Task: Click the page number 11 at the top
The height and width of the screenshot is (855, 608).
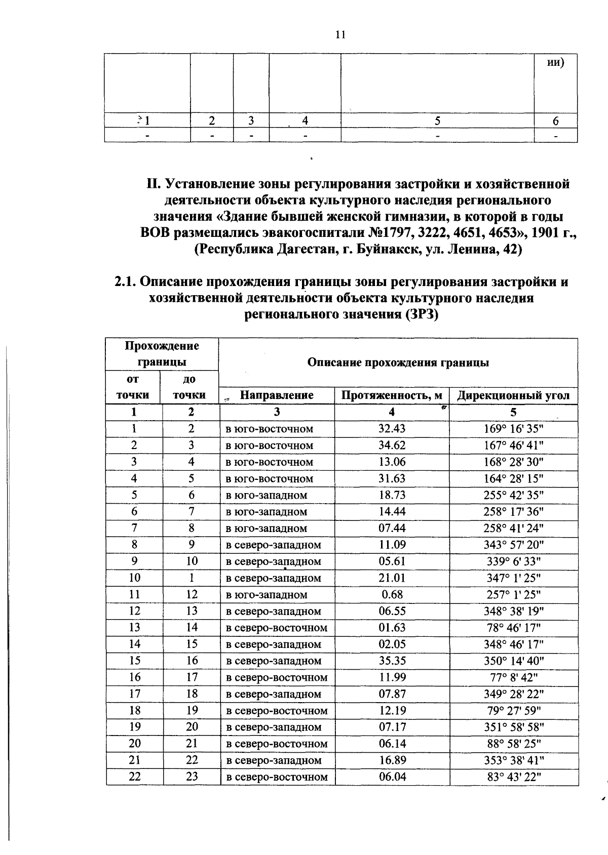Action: pos(340,35)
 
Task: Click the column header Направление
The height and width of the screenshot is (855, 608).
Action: pos(276,395)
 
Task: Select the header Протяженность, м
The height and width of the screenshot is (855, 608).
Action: pos(392,395)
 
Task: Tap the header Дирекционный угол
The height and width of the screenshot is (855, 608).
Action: pos(513,395)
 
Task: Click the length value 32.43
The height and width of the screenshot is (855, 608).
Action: pos(392,429)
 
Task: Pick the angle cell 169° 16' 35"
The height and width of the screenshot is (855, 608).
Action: pos(513,429)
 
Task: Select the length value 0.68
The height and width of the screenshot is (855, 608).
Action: pos(392,594)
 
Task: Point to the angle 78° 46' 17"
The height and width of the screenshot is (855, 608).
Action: pos(513,628)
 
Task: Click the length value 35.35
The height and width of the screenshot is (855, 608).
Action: pos(392,661)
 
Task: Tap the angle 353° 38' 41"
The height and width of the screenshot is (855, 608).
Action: pos(513,760)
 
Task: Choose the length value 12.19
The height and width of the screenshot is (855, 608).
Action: pos(392,711)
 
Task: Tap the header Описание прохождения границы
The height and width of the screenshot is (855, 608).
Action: pos(398,362)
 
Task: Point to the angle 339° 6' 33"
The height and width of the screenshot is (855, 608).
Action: pos(513,561)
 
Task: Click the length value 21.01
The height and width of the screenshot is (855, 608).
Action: pos(392,578)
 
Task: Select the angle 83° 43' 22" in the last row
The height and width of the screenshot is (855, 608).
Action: pos(513,777)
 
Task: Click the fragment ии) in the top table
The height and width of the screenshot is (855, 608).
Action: pos(556,62)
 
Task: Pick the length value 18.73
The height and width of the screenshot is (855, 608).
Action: pos(392,495)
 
